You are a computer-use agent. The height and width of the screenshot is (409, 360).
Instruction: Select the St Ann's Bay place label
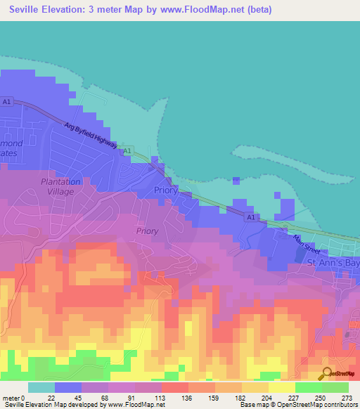pos(333,262)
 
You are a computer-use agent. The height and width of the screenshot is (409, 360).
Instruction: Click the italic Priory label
pos(147,231)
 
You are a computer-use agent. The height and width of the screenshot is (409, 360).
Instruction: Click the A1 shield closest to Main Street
pos(250,218)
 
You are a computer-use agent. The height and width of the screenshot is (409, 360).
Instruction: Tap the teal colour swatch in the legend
pos(41,387)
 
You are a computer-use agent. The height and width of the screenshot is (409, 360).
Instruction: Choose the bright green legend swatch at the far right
pos(335,387)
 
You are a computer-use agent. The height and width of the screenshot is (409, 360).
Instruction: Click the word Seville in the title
pos(32,10)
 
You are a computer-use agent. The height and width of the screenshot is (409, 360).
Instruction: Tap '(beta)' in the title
pos(257,10)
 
